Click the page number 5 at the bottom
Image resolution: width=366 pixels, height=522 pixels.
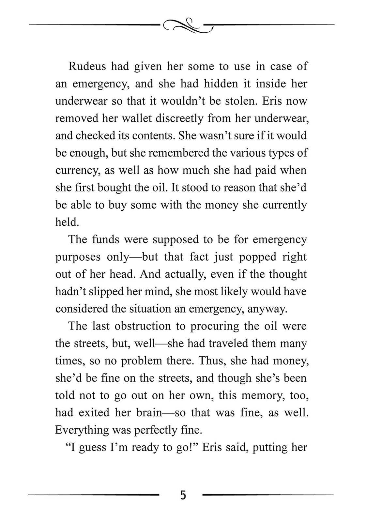183,495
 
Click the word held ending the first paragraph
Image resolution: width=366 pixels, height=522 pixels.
66,222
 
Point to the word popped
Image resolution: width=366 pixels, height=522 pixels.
254,257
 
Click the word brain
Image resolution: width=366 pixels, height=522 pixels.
148,412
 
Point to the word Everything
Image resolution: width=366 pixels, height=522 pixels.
82,430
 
